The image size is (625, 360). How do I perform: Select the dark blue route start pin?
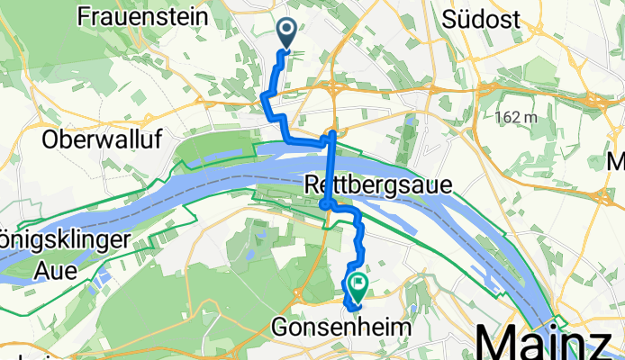287,34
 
